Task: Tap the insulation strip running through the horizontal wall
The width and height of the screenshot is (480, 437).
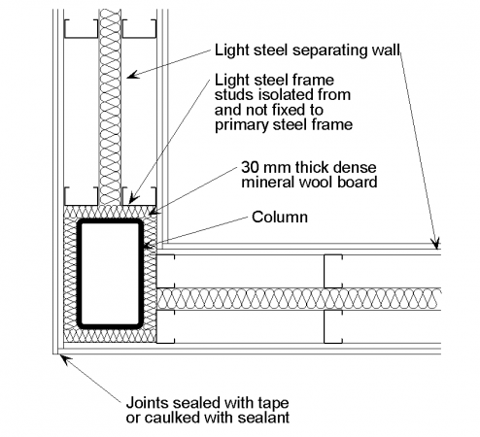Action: [x=389, y=298]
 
